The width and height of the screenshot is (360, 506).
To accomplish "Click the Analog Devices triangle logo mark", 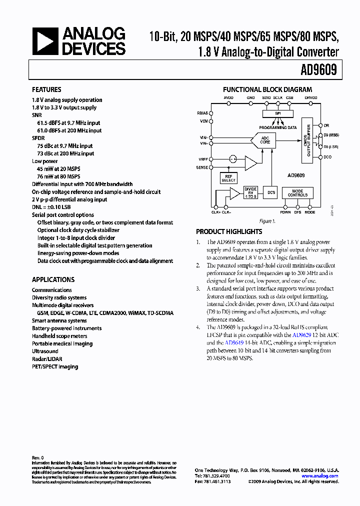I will [44, 41].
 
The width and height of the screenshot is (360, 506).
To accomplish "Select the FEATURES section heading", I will [46, 90].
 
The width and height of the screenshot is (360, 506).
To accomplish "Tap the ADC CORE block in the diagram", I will [265, 140].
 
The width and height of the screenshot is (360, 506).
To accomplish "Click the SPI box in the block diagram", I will [277, 113].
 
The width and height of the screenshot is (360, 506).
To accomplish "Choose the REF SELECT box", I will [228, 178].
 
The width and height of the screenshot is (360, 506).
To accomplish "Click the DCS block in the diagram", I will [271, 192].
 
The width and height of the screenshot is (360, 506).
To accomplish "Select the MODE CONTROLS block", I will [297, 193].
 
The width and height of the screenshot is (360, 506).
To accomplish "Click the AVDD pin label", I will [228, 98].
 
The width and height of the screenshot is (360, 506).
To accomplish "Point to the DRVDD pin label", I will [311, 98].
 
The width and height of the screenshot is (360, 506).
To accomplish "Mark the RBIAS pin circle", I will [212, 113].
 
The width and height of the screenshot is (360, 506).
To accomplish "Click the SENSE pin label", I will [202, 168].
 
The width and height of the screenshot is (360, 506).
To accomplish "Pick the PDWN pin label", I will [285, 212].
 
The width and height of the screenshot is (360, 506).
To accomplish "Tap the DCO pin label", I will [327, 157].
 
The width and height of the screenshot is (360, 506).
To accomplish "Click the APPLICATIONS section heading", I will [53, 280].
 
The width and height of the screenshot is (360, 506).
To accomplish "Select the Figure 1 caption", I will [266, 221].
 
